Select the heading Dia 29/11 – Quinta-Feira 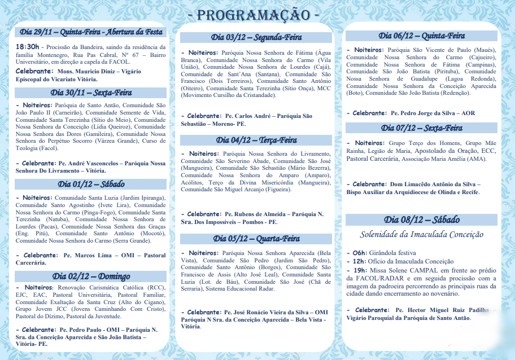(91, 32)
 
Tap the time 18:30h (27, 46)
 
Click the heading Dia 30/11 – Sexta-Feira (91, 93)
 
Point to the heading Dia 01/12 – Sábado (91, 184)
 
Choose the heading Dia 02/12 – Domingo (91, 276)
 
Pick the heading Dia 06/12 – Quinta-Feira (422, 36)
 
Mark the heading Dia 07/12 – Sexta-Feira (422, 128)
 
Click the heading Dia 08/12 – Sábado (422, 219)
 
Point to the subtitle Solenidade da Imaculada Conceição (422, 234)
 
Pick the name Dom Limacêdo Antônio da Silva (435, 185)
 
